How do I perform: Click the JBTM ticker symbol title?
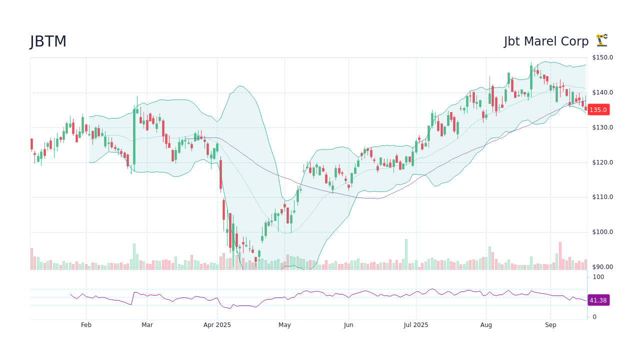(x=48, y=41)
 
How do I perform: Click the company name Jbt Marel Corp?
(x=546, y=41)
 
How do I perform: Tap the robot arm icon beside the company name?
(x=601, y=40)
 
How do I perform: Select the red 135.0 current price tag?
(x=598, y=109)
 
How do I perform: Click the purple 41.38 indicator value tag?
(x=598, y=300)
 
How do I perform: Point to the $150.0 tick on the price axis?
(x=602, y=57)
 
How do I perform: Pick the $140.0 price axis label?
(x=602, y=92)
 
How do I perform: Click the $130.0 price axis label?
(x=602, y=127)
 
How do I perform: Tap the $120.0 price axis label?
(x=602, y=162)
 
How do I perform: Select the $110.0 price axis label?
(x=602, y=197)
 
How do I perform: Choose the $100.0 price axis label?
(x=602, y=232)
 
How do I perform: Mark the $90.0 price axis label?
(x=602, y=267)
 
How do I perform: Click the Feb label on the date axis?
(x=86, y=325)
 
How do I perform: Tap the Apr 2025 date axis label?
(x=217, y=325)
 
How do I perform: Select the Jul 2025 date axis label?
(x=415, y=325)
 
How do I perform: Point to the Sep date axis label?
(x=550, y=325)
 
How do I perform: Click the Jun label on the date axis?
(x=348, y=325)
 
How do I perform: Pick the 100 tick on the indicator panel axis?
(x=598, y=277)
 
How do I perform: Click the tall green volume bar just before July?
(x=406, y=254)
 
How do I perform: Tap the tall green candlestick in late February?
(x=134, y=136)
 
